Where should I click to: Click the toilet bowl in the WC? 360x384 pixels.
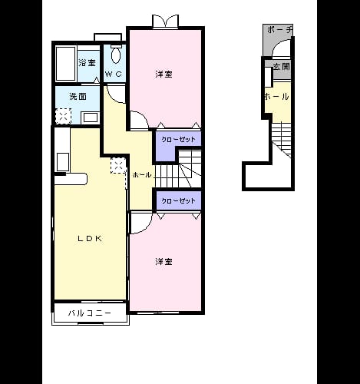(x=116, y=55)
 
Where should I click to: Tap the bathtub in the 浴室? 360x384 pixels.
(x=66, y=64)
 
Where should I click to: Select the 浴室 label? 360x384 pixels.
(x=88, y=62)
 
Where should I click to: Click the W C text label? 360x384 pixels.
(x=114, y=74)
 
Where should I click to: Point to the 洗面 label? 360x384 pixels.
(x=78, y=97)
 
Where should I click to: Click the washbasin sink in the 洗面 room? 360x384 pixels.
(x=91, y=118)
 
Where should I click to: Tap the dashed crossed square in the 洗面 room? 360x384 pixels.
(x=63, y=116)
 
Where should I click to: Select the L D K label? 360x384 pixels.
(x=90, y=239)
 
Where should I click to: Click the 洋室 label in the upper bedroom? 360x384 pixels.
(x=163, y=74)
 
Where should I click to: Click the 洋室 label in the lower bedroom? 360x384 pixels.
(x=163, y=262)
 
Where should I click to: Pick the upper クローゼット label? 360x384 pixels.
(x=178, y=140)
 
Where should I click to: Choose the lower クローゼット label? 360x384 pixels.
(x=178, y=200)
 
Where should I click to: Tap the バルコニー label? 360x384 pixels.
(x=90, y=313)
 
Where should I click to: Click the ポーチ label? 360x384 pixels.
(x=279, y=30)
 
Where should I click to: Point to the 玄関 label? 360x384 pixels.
(x=282, y=67)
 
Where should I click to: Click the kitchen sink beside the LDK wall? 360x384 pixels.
(x=63, y=162)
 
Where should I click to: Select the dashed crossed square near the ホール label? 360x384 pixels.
(x=118, y=166)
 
